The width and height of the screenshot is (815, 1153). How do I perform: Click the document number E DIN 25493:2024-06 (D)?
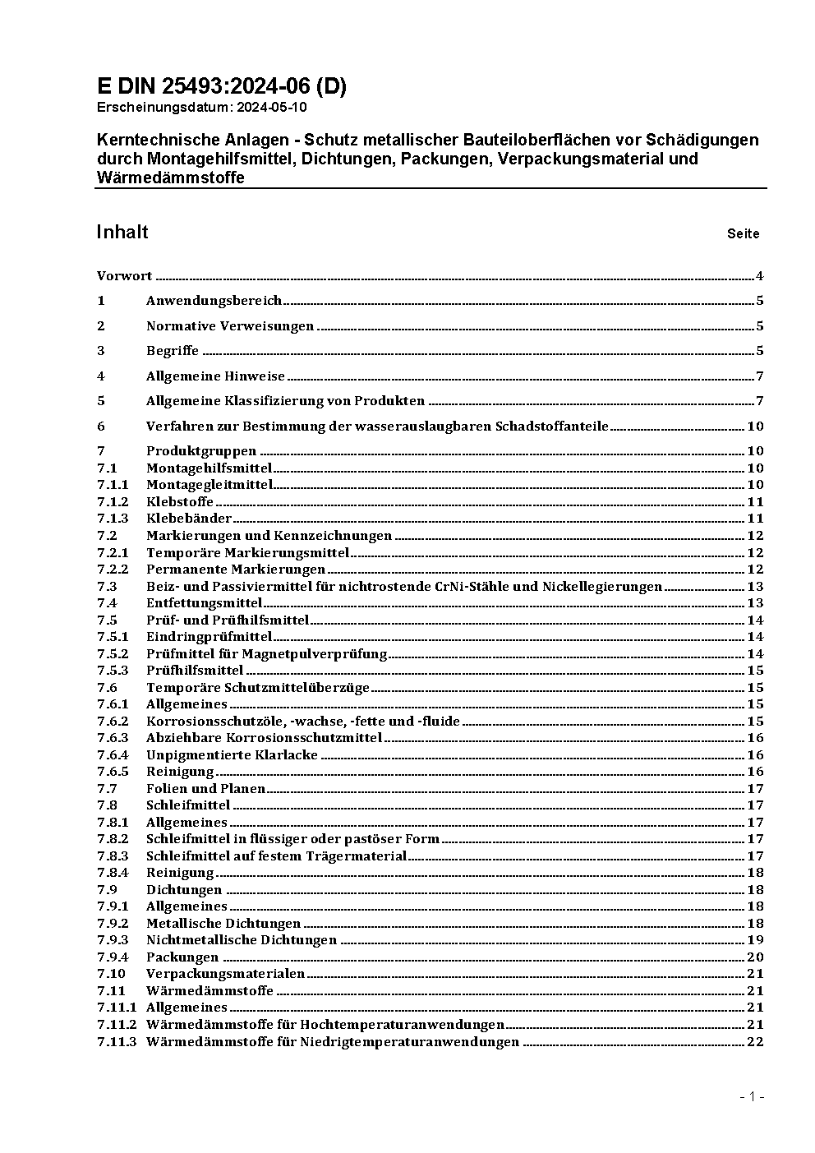coord(221,86)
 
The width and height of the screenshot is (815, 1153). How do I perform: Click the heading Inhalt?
coord(122,232)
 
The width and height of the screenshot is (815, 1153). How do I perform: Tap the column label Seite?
coord(743,233)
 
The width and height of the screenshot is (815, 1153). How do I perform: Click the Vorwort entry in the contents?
coord(124,276)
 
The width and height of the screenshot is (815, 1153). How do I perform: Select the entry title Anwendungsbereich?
coord(214,301)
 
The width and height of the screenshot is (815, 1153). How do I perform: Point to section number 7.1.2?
coord(113,501)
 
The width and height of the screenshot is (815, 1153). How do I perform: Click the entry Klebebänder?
coord(189,519)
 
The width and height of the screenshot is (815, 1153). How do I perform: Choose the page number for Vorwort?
coord(760,276)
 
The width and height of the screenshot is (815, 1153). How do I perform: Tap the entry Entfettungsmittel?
coord(204,603)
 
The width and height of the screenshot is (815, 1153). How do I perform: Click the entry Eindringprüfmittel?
coord(209,637)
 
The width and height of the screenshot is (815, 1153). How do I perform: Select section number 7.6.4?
coord(113,754)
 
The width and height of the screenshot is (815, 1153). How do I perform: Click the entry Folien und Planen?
coord(205,788)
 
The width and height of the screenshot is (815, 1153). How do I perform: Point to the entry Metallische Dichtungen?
coord(223,923)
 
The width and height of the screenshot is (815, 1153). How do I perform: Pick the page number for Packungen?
coord(755,957)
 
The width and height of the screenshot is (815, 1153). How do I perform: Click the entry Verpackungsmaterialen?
coord(225,974)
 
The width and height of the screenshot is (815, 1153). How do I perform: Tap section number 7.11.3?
coord(116,1042)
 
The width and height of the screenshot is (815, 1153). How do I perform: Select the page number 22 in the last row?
coord(755,1042)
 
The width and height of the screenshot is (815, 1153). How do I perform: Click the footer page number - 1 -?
coord(752,1096)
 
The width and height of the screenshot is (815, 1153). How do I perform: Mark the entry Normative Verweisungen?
coord(230,326)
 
